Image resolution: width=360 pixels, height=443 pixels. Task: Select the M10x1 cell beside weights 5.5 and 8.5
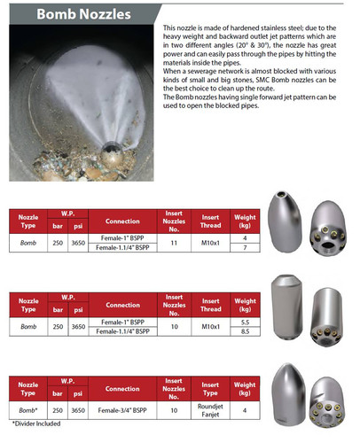[x=211, y=326]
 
